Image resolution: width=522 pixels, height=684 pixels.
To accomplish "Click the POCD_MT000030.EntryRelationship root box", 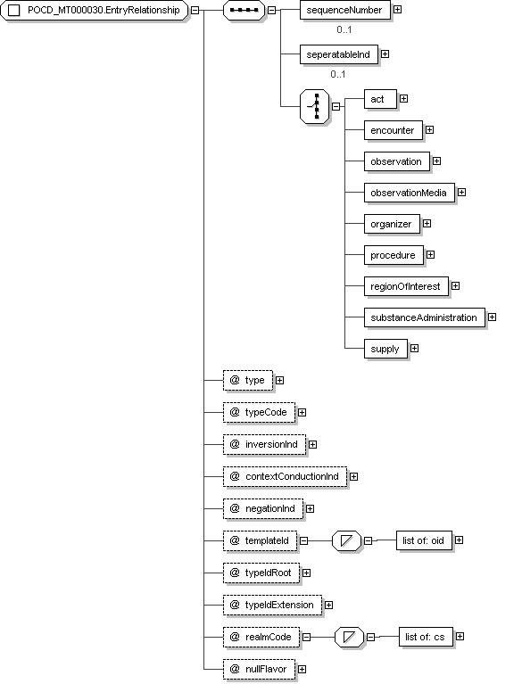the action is click(x=95, y=11).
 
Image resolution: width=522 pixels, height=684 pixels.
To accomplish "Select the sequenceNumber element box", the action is click(x=344, y=10).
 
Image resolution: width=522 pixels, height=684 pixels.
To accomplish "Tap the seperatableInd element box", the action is click(x=339, y=54).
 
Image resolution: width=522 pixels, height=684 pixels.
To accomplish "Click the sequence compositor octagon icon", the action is click(x=244, y=10).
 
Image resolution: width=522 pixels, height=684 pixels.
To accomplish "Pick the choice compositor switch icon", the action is click(x=315, y=106).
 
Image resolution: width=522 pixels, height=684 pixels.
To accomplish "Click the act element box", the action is click(x=380, y=99).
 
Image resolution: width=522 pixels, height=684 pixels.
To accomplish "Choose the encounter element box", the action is click(x=394, y=130).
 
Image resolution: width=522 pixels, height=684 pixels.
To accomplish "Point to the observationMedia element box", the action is click(x=409, y=193).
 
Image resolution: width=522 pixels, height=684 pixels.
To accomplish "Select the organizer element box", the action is click(x=392, y=224).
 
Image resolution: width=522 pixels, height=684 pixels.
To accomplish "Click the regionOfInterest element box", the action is click(x=406, y=286).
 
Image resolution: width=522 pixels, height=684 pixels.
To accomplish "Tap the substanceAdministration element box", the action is click(x=424, y=317).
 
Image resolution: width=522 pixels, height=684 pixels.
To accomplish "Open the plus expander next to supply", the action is click(x=415, y=348).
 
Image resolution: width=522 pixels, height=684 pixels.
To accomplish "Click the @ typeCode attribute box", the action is click(x=260, y=412).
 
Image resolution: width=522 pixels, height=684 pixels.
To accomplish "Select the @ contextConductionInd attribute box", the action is click(x=285, y=476).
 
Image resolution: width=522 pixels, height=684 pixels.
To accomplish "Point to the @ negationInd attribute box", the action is click(x=263, y=508).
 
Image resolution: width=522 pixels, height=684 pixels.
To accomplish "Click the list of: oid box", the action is click(x=424, y=540).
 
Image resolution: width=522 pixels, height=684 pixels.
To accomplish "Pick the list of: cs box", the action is click(x=426, y=637).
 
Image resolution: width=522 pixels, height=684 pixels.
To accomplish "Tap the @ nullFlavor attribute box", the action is click(x=260, y=669).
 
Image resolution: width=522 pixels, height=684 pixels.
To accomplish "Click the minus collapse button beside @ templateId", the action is click(x=303, y=541).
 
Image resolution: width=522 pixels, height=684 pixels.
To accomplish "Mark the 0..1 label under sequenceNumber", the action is click(x=344, y=29).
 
